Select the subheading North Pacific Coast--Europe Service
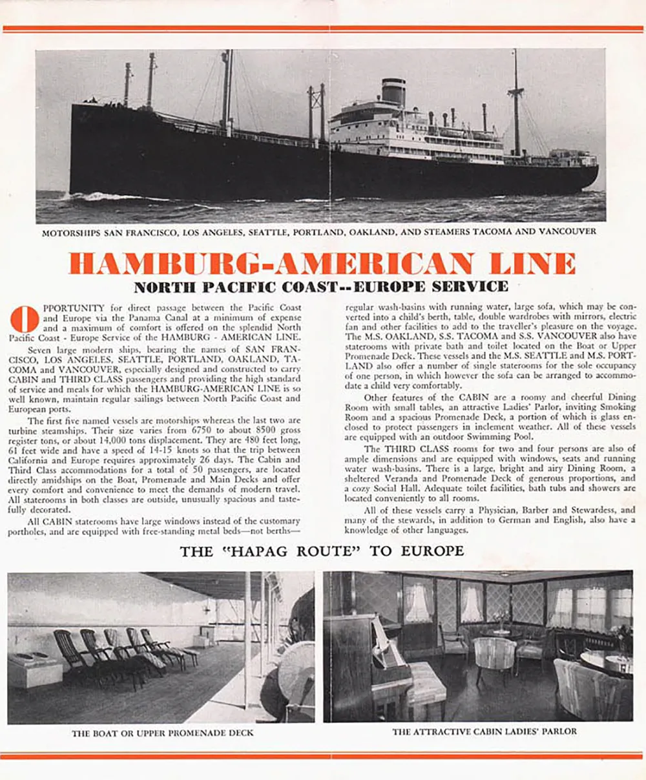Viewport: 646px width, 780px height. [321, 286]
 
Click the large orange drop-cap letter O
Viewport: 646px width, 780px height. [25, 319]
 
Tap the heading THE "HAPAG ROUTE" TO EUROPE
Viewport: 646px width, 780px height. [322, 551]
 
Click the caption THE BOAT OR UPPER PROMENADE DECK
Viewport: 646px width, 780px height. [163, 733]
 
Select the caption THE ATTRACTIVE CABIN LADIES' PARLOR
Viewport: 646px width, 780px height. [484, 732]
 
